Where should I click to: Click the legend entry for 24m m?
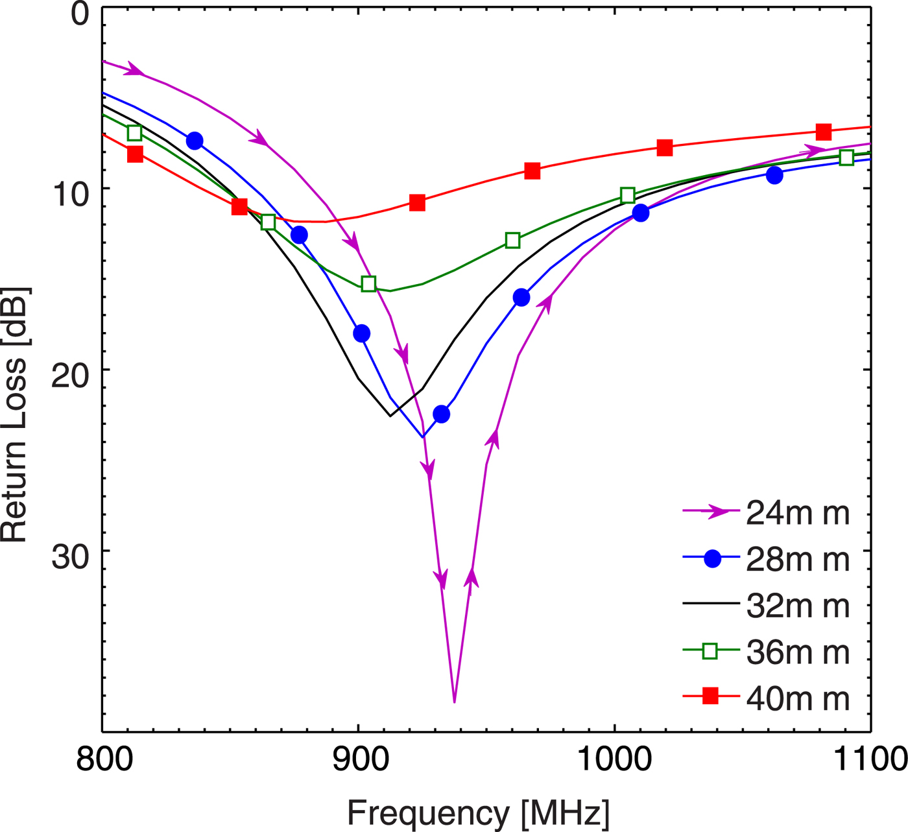point(797,513)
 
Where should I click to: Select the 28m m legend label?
point(797,560)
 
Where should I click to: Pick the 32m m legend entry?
point(797,606)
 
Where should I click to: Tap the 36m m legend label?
point(797,652)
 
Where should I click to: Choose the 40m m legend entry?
point(797,698)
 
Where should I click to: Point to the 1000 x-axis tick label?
point(614,759)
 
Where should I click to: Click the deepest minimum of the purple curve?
point(454,702)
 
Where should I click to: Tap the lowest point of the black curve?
point(390,416)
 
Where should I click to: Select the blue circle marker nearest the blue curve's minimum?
point(441,414)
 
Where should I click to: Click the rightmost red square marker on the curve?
point(824,132)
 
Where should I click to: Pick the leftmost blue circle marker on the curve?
point(194,141)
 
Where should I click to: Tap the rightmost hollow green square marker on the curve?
point(846,158)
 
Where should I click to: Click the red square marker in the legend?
point(711,696)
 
